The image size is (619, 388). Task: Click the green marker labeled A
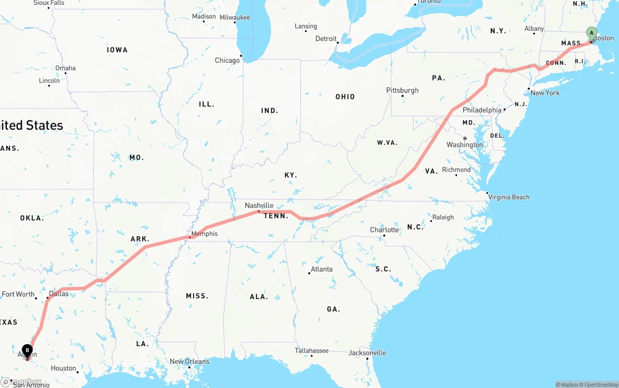591,33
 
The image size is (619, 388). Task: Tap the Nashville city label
259,205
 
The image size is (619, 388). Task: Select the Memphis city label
204,234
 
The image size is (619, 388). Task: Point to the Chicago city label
227,60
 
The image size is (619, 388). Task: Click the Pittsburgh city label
402,90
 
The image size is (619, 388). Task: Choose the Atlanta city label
322,269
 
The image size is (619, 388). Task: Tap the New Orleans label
189,361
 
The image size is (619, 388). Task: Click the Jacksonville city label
367,353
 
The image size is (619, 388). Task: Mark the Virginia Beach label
509,197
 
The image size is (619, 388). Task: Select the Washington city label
464,145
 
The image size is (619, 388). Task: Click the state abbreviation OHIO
345,97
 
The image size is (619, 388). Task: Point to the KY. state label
291,175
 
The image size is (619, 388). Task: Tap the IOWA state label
117,50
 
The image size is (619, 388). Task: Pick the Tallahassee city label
311,351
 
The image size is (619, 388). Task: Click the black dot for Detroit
339,43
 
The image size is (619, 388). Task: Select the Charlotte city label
384,230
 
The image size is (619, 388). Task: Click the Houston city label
63,368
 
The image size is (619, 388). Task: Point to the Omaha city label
65,68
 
